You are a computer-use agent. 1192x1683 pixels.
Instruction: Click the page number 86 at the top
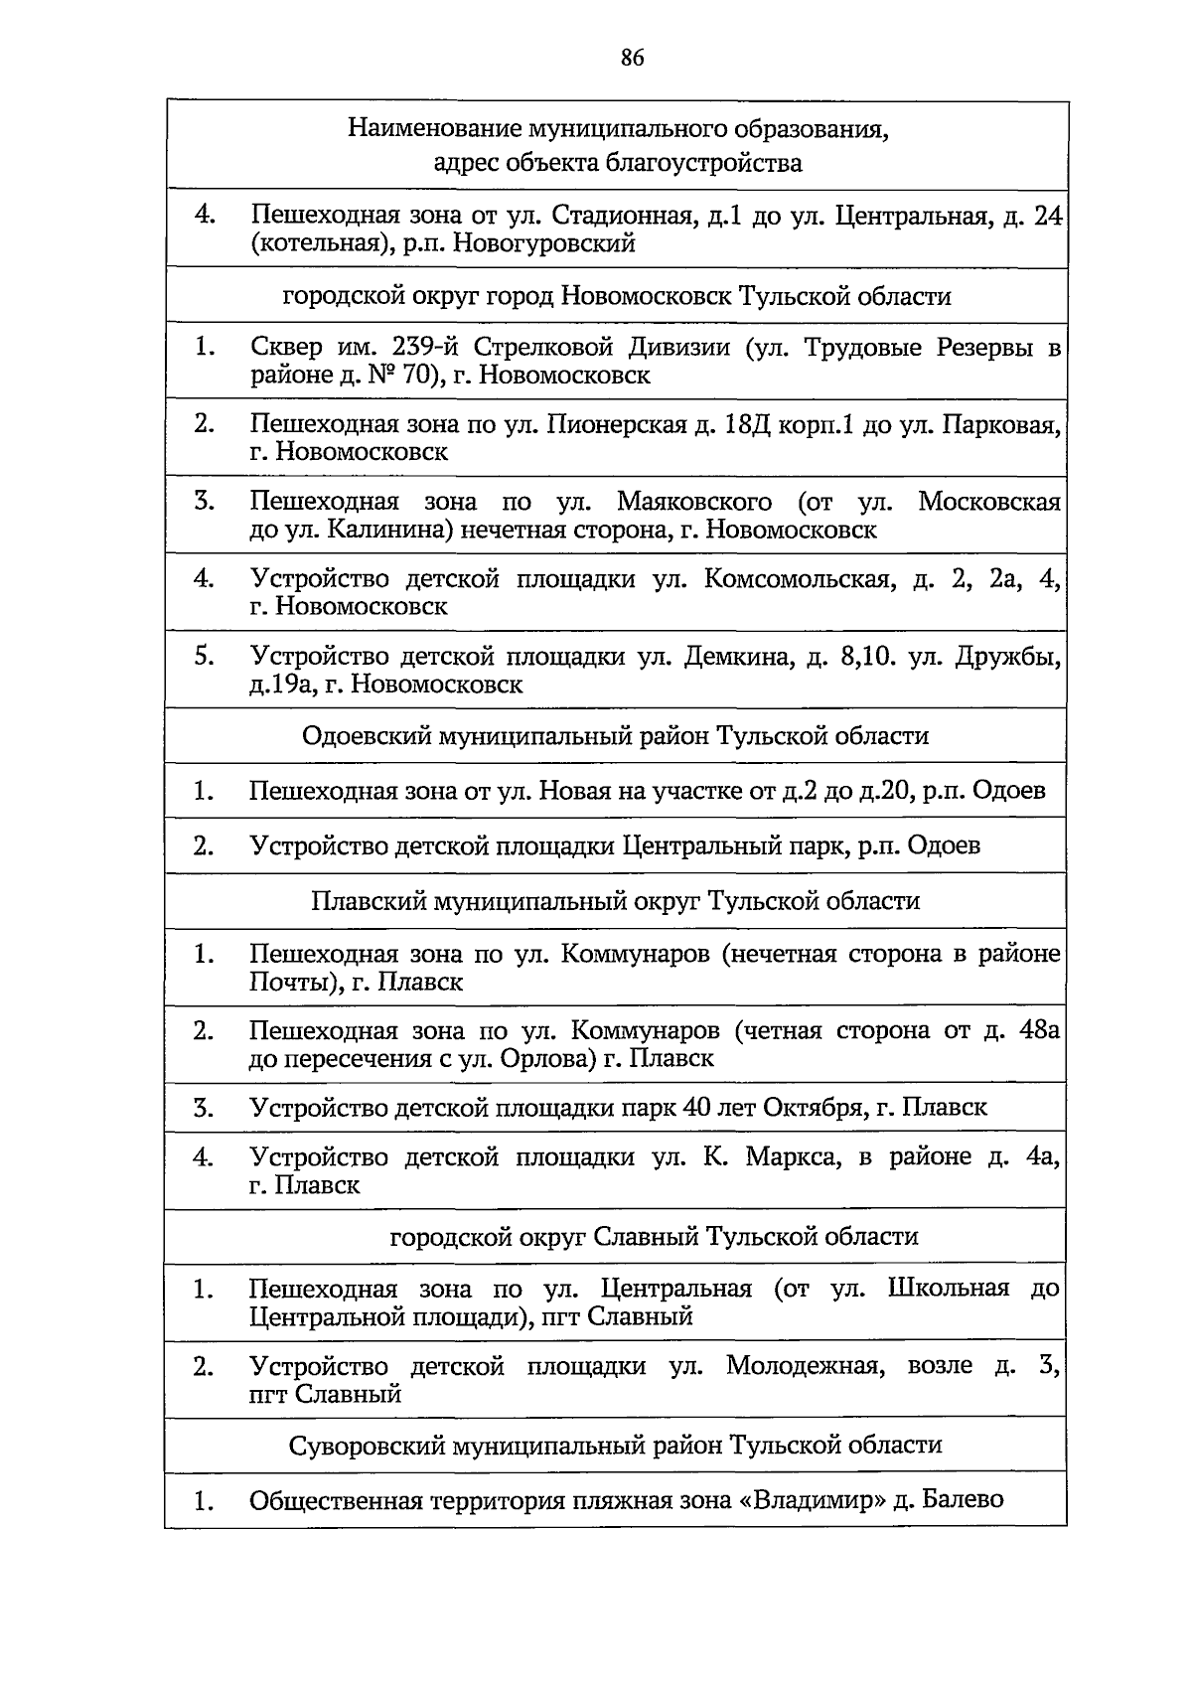[633, 58]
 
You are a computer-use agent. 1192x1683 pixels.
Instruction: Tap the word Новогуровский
[544, 243]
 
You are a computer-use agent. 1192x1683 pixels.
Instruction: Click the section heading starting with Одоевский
[615, 736]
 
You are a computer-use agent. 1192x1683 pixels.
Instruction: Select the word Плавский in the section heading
[366, 901]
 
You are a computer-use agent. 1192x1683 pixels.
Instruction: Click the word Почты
[288, 983]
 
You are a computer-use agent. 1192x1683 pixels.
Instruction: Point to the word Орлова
[544, 1059]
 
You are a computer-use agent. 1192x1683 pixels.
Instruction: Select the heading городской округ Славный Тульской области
[654, 1237]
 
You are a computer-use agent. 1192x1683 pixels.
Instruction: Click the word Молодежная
[805, 1367]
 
